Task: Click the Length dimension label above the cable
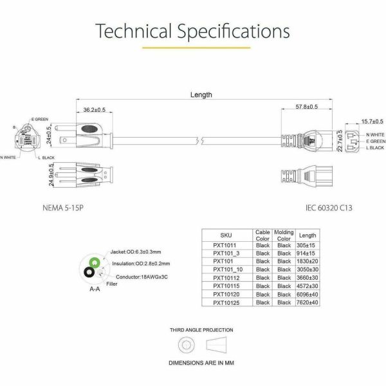(201, 95)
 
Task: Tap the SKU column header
(226, 236)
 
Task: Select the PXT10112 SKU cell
(226, 277)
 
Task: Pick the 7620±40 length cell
(308, 302)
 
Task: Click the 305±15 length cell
(308, 245)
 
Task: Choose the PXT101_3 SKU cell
(226, 253)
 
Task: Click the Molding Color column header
(283, 235)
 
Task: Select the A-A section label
(95, 289)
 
